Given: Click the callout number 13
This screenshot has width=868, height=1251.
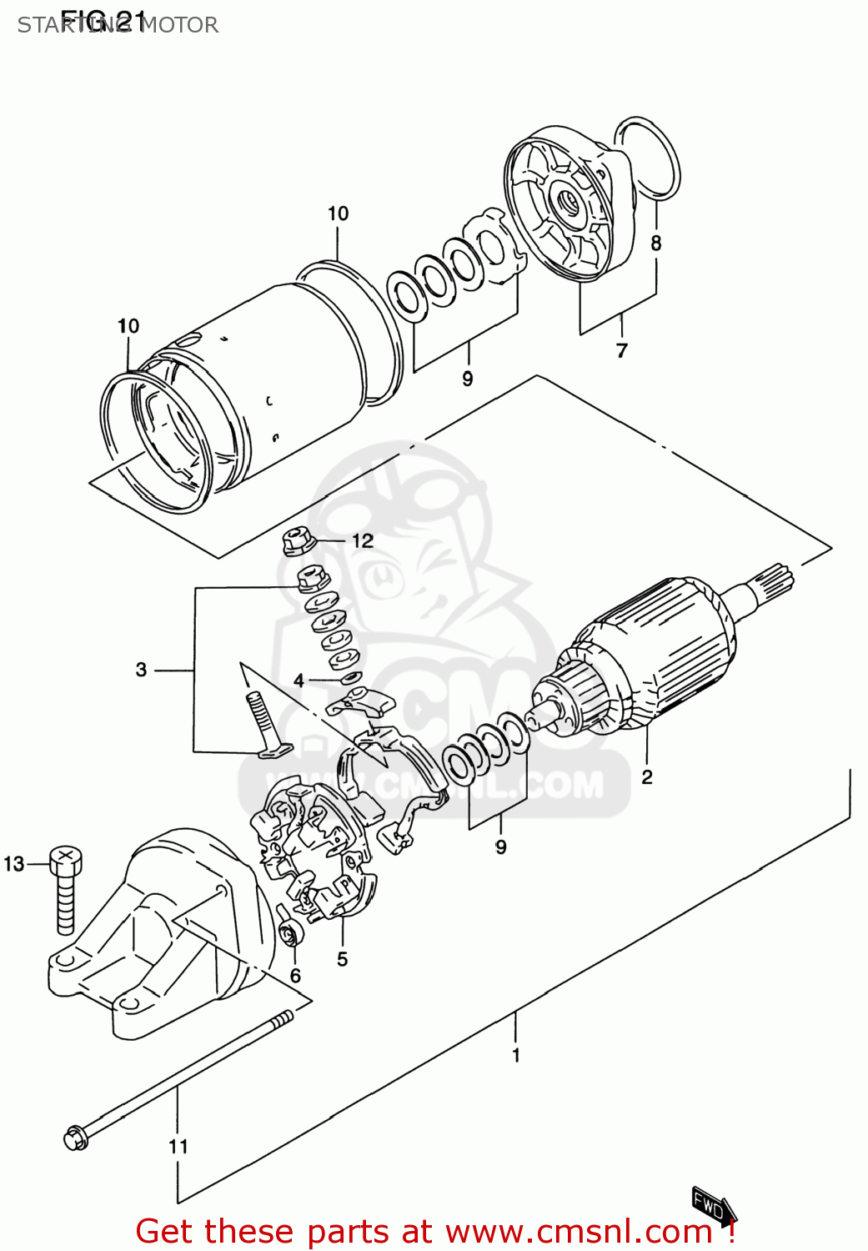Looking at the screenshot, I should coord(14,864).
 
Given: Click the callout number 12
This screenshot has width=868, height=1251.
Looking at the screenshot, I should coord(362,541).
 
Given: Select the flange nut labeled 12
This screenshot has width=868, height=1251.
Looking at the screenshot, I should coord(297,541).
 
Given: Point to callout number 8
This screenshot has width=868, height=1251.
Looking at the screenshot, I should coord(656,243).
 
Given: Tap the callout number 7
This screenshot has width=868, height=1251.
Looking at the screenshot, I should coord(621,351).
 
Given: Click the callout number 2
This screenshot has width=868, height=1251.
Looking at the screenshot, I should coord(647,777).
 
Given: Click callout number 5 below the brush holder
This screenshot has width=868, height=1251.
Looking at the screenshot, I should coord(342,959).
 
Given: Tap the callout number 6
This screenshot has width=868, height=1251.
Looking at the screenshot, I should coord(295,975).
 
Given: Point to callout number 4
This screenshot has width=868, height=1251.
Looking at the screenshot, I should coord(299,681).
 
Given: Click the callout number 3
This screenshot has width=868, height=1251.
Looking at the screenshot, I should coord(141,669).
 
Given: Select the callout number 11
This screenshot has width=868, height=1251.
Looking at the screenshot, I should coord(178,1147).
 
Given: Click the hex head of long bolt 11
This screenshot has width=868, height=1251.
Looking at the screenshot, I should coord(75,1138).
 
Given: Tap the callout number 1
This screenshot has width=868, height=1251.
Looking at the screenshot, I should coord(515,1055).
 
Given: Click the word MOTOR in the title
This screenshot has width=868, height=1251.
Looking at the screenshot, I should coord(178,25).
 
